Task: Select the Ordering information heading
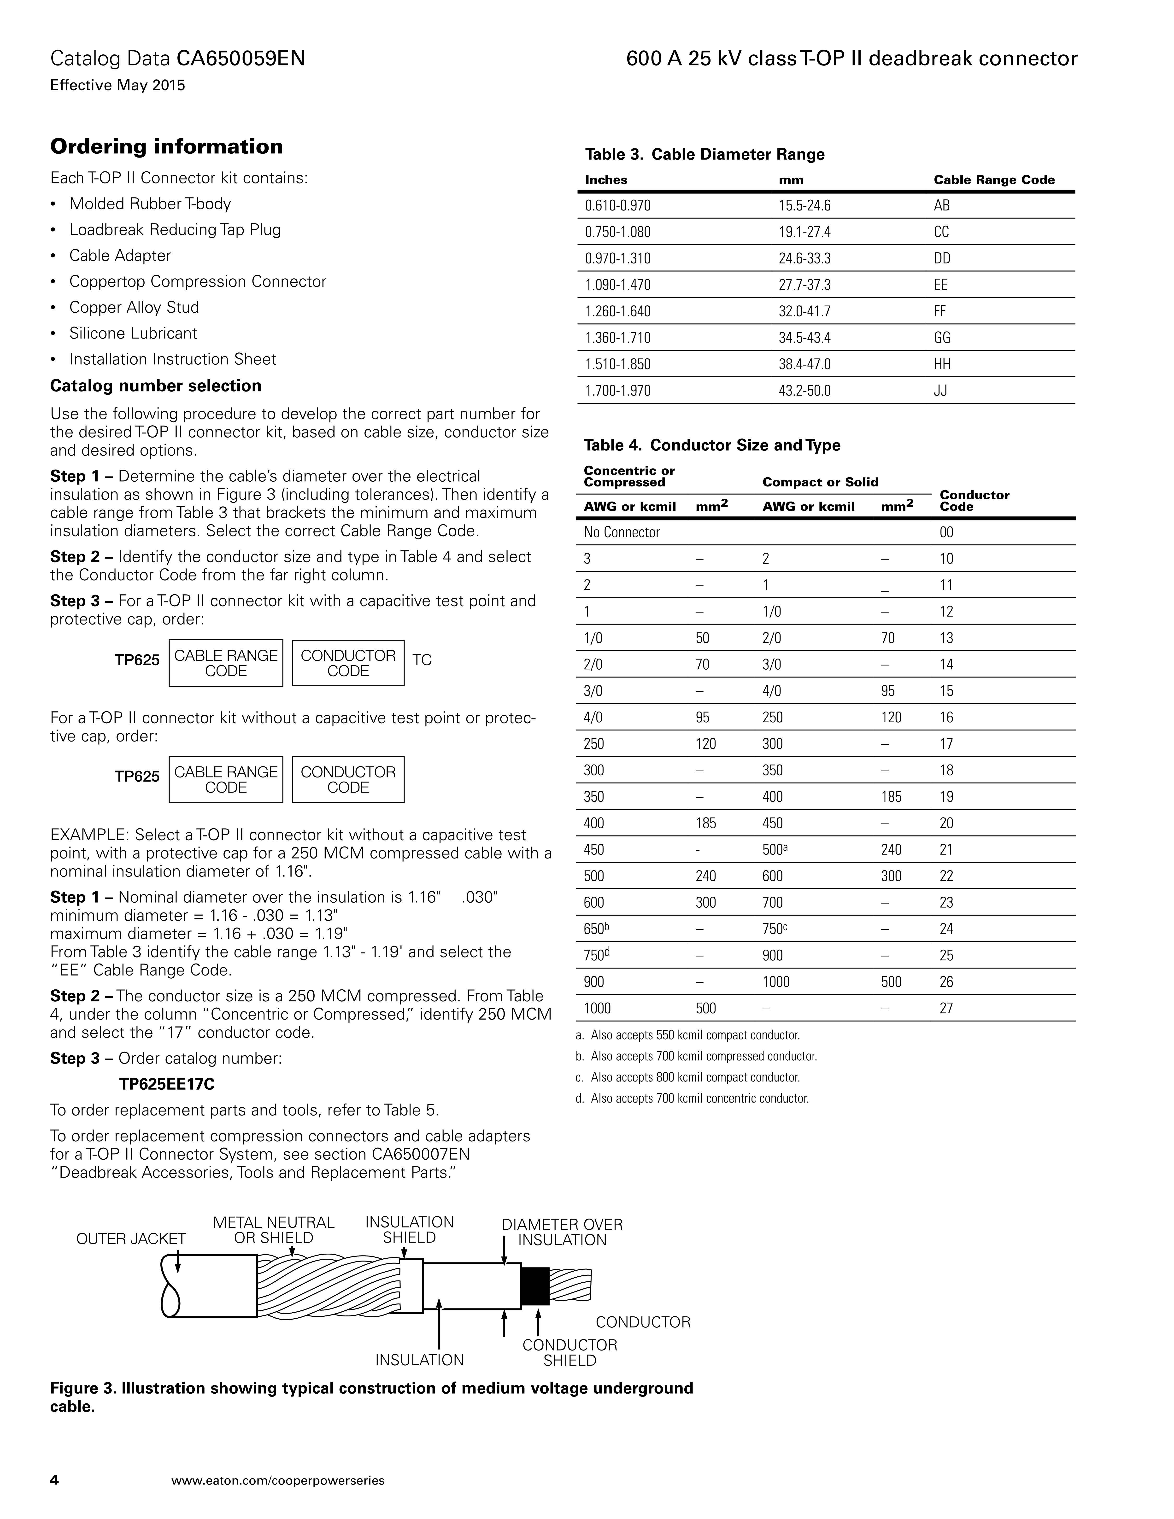coord(166,147)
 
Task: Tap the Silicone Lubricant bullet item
coord(133,333)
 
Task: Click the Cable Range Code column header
coord(994,180)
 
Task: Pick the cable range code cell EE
coord(940,285)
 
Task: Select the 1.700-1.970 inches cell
coord(618,391)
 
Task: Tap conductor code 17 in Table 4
coord(946,744)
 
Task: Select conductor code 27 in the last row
coord(946,1009)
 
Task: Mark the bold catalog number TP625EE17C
coord(172,1084)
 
